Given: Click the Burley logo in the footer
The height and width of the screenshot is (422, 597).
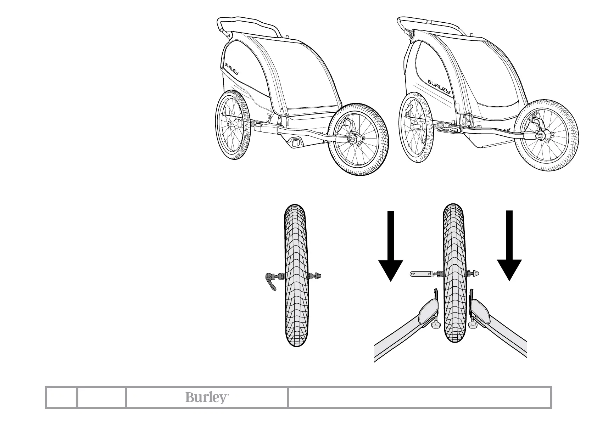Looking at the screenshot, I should (x=206, y=398).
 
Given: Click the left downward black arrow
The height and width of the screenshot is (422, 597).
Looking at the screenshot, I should (x=390, y=248).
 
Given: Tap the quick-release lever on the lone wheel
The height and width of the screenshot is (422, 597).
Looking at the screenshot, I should (x=270, y=282).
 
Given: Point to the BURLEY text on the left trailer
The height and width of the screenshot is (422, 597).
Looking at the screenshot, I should (x=231, y=69).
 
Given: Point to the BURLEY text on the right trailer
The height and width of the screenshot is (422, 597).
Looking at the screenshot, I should (x=439, y=86).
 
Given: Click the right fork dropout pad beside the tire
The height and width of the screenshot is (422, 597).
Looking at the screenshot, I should (x=481, y=310).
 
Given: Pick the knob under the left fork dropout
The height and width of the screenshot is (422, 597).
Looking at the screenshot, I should (x=435, y=325).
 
